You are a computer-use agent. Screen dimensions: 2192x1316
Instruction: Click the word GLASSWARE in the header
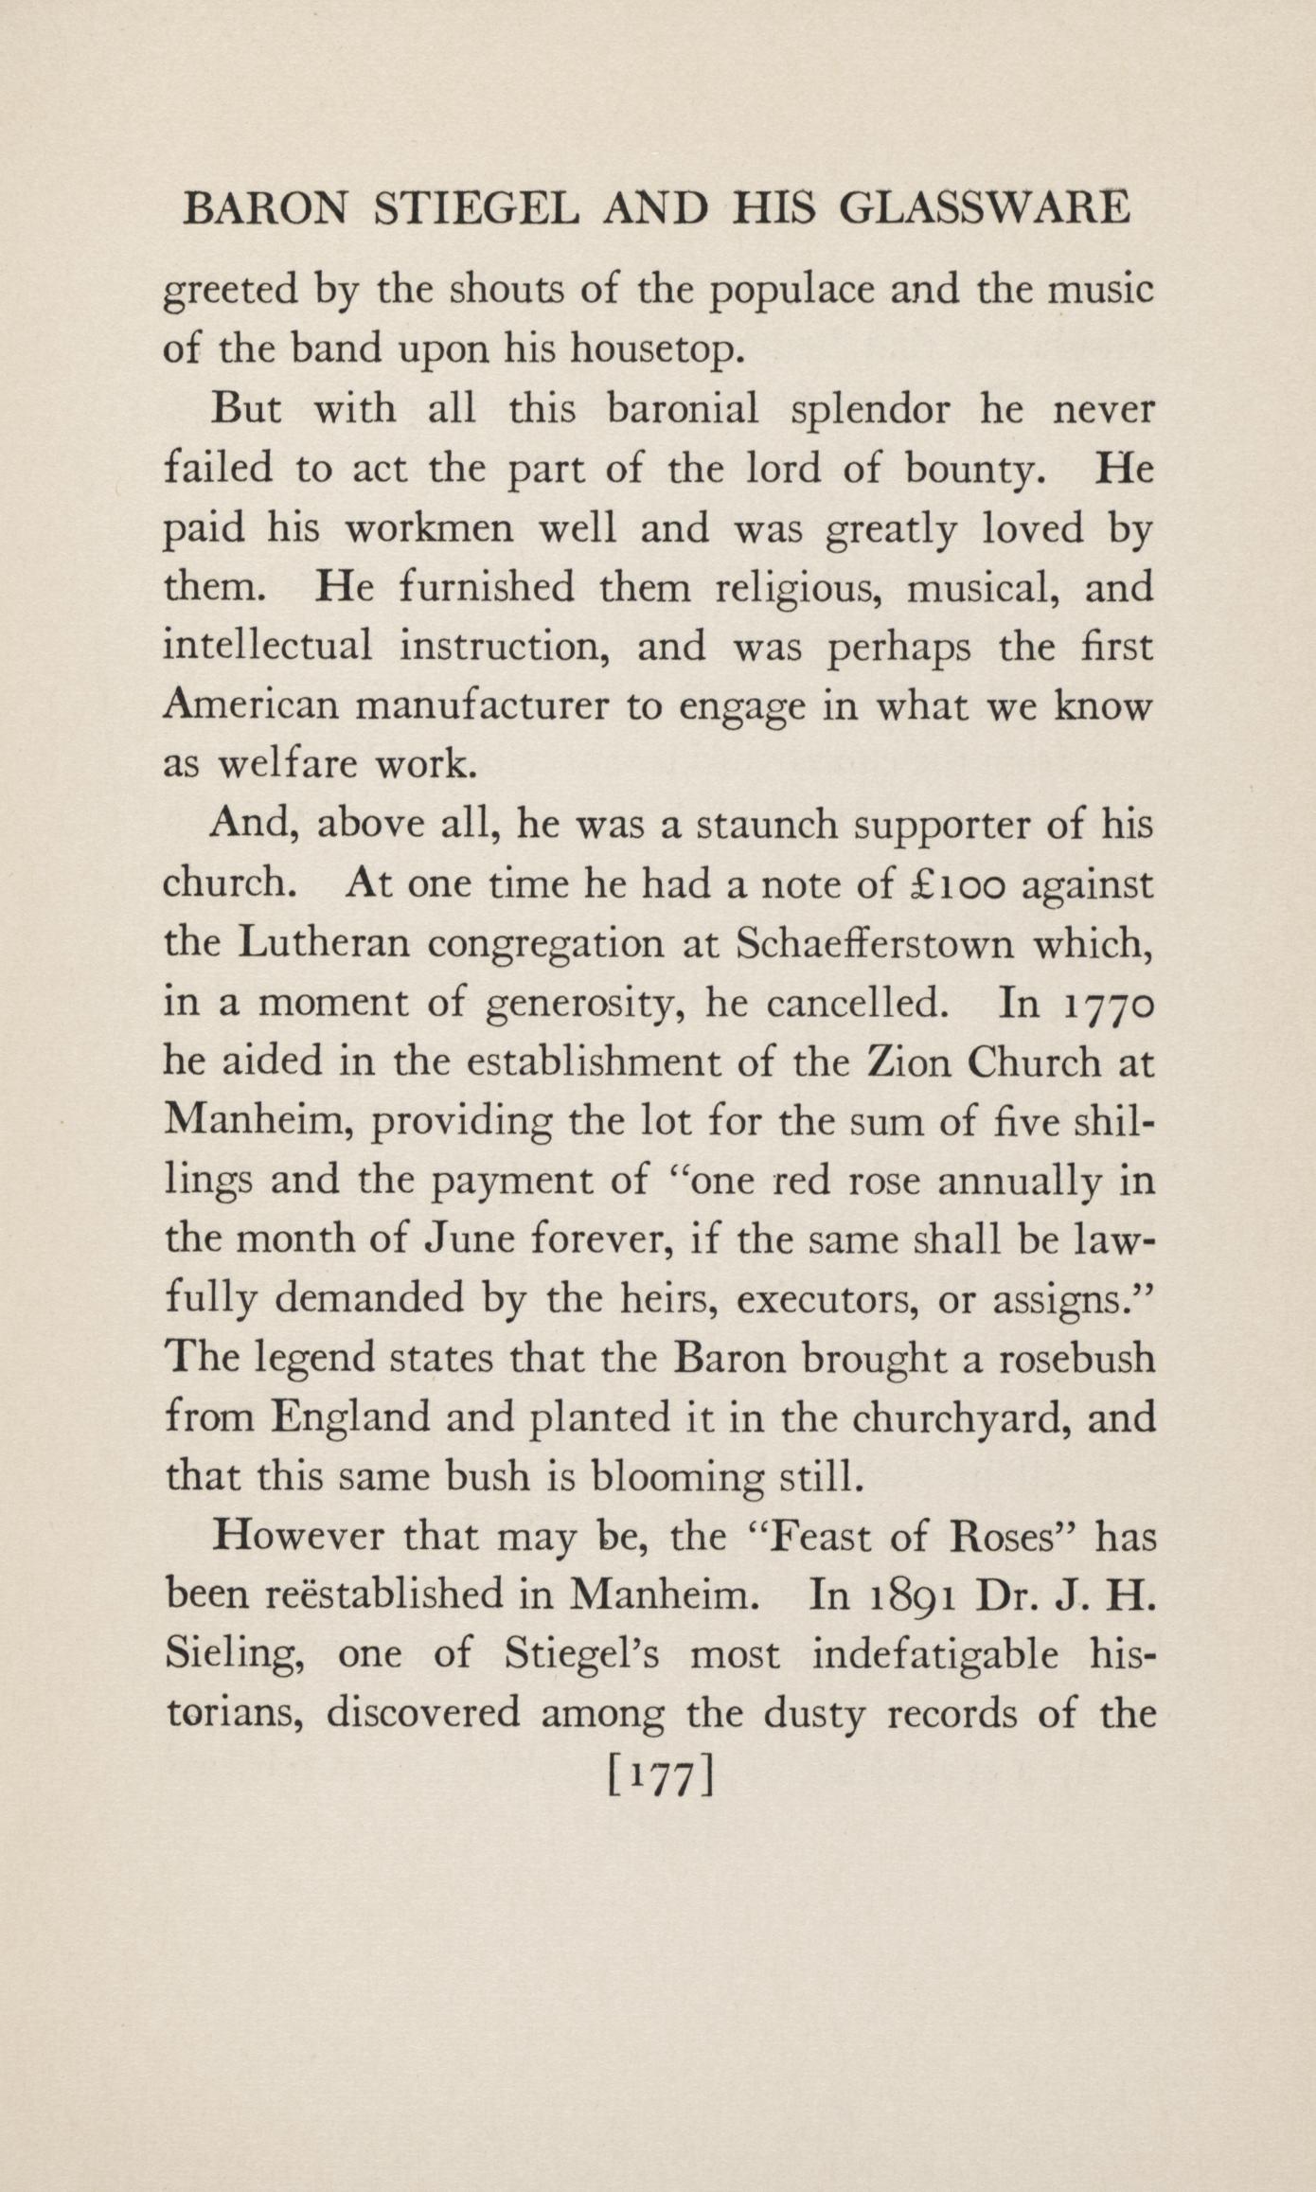(x=985, y=208)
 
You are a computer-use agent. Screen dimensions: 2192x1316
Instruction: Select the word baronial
(x=683, y=409)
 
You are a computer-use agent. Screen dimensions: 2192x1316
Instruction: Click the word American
(x=251, y=706)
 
